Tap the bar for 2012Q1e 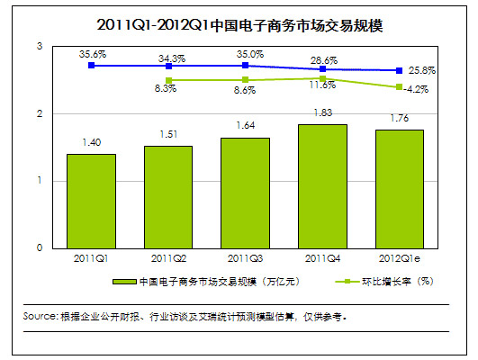pos(399,189)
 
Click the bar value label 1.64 pos(245,126)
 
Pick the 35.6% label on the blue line pos(92,54)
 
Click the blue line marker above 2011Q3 pos(245,66)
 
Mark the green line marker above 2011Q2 pos(168,80)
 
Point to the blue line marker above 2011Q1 pos(92,66)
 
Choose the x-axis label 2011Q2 pos(168,258)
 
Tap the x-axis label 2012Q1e pos(399,258)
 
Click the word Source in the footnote pos(40,317)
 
